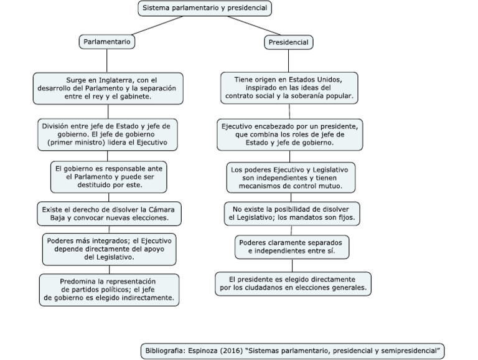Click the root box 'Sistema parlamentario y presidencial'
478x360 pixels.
[205, 8]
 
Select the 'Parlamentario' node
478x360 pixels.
[106, 42]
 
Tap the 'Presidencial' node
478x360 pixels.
[288, 42]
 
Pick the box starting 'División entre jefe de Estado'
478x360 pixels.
[108, 135]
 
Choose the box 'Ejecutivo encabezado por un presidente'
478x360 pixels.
[289, 135]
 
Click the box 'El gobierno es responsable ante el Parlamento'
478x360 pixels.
[108, 177]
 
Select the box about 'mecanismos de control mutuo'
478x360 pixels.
[291, 178]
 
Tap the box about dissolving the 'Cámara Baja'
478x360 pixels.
[109, 214]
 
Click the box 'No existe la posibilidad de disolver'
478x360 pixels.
[292, 213]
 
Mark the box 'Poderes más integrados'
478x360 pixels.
[109, 249]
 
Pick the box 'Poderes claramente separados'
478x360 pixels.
[292, 247]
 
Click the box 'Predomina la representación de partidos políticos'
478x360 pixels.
[109, 290]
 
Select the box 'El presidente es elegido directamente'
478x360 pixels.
[293, 284]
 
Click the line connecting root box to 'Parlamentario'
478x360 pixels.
[157, 26]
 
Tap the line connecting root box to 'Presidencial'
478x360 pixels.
[254, 26]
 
